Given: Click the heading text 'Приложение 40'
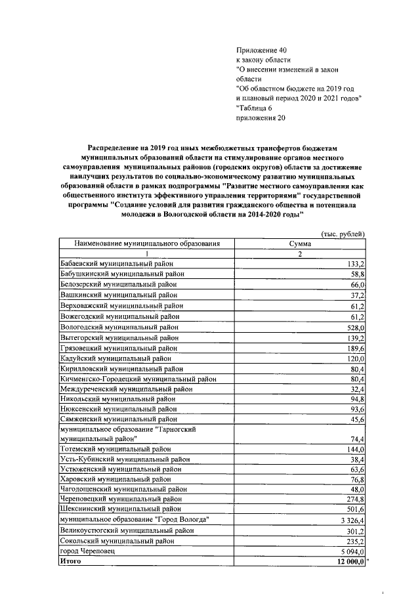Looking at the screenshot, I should click(261, 50).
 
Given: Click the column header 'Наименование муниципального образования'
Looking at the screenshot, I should click(146, 244).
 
